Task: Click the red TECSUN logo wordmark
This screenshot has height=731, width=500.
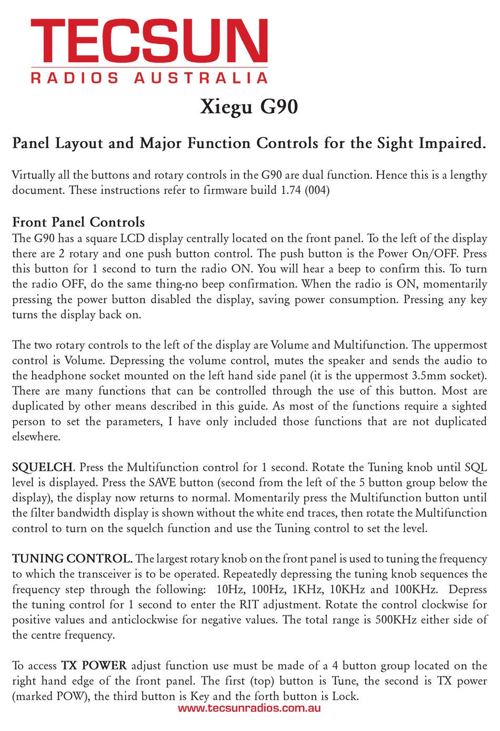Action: click(x=149, y=41)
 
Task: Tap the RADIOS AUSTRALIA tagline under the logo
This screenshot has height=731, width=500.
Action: click(x=149, y=78)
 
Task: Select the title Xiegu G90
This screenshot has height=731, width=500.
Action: click(x=249, y=107)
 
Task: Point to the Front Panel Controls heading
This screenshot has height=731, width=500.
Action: click(x=78, y=222)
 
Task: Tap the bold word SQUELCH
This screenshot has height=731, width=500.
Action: click(x=43, y=467)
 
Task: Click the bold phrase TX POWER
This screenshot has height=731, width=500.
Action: click(x=94, y=666)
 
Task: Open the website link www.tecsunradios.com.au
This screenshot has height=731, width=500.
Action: click(x=249, y=708)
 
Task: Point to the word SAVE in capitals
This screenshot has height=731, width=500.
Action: click(x=163, y=482)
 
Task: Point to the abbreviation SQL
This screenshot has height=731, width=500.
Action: click(x=476, y=467)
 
